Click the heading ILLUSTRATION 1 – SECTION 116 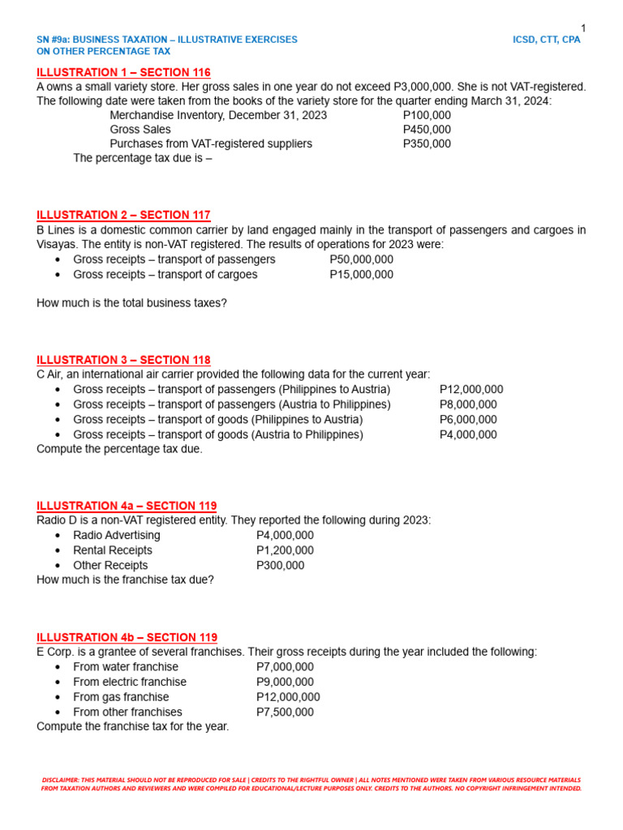click(x=123, y=72)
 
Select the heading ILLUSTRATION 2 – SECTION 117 click(x=123, y=215)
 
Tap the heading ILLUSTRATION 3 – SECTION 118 click(x=123, y=360)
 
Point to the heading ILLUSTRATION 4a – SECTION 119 click(x=127, y=506)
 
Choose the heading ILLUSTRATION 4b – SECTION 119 click(x=127, y=637)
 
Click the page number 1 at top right click(x=582, y=28)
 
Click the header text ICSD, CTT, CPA click(x=547, y=40)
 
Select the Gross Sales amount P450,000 click(x=427, y=130)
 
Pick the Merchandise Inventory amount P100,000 click(x=427, y=115)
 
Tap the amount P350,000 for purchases click(x=427, y=143)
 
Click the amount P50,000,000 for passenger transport click(x=361, y=259)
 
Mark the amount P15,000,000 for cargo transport click(x=361, y=275)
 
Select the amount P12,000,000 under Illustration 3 click(x=471, y=389)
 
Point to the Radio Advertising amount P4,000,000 click(x=285, y=536)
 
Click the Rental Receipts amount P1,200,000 click(x=285, y=550)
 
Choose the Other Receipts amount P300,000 click(x=281, y=566)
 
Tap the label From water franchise click(x=126, y=667)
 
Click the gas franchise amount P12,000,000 click(x=288, y=697)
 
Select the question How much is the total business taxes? click(x=132, y=303)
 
